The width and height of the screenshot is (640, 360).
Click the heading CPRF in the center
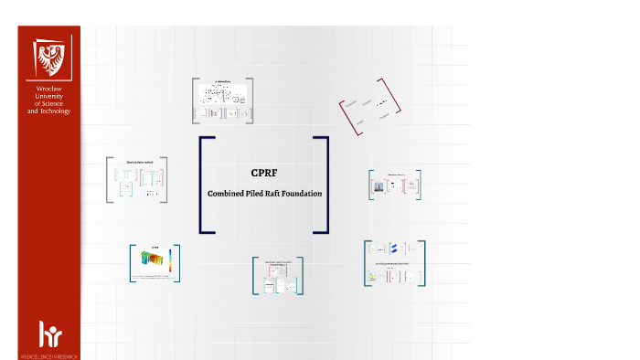263,172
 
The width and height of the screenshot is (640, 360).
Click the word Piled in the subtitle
257,193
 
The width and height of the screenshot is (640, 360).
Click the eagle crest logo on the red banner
49,58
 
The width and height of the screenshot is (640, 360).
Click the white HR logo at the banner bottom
49,333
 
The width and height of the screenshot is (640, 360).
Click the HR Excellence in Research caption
49,352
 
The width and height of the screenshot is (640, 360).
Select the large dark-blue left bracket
205,185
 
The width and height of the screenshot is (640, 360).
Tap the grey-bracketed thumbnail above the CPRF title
222,101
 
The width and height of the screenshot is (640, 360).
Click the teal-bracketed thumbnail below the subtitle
279,277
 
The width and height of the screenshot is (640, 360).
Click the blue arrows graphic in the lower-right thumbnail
395,249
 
